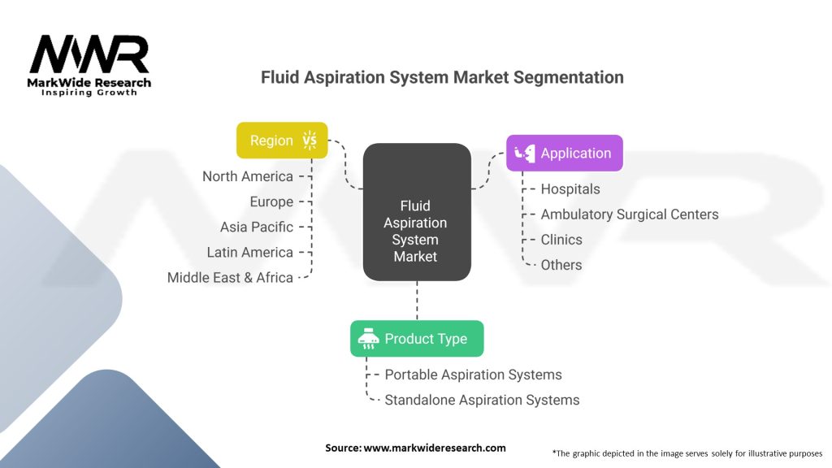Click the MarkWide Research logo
89,65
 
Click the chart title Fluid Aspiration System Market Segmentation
442,77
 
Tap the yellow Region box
281,140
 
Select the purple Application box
564,153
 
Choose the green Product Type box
417,339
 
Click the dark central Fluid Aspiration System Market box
417,213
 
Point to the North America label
247,176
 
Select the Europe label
271,201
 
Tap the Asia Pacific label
256,227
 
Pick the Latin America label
249,252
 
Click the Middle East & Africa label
230,277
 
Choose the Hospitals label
570,189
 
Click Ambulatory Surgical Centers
630,214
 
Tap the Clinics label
561,240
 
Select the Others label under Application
561,265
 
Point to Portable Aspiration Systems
473,375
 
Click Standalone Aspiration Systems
482,400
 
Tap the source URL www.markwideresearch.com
435,448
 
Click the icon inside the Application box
525,153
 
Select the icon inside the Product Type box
368,339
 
